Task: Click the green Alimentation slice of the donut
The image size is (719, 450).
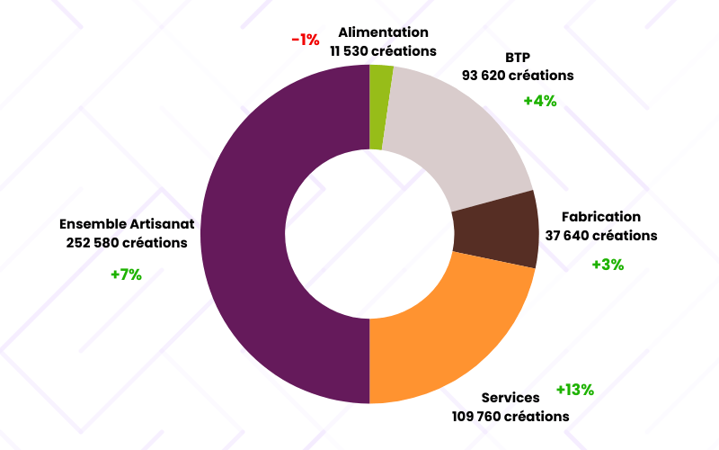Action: pos(380,107)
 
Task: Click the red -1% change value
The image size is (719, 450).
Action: pos(306,40)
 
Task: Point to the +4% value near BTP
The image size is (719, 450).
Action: pos(540,101)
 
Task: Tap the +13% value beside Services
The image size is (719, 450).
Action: pos(575,390)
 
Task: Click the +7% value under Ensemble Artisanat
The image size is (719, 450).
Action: pos(126,274)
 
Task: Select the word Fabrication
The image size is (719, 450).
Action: pos(601,217)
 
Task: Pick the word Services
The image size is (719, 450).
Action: pos(510,398)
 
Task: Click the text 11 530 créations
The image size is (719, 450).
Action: pos(384,51)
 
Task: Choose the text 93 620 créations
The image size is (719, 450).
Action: pos(518,76)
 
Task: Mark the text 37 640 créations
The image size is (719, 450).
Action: pos(601,236)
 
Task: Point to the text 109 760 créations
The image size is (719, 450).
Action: pos(510,417)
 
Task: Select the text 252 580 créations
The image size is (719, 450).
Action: pos(127,243)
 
